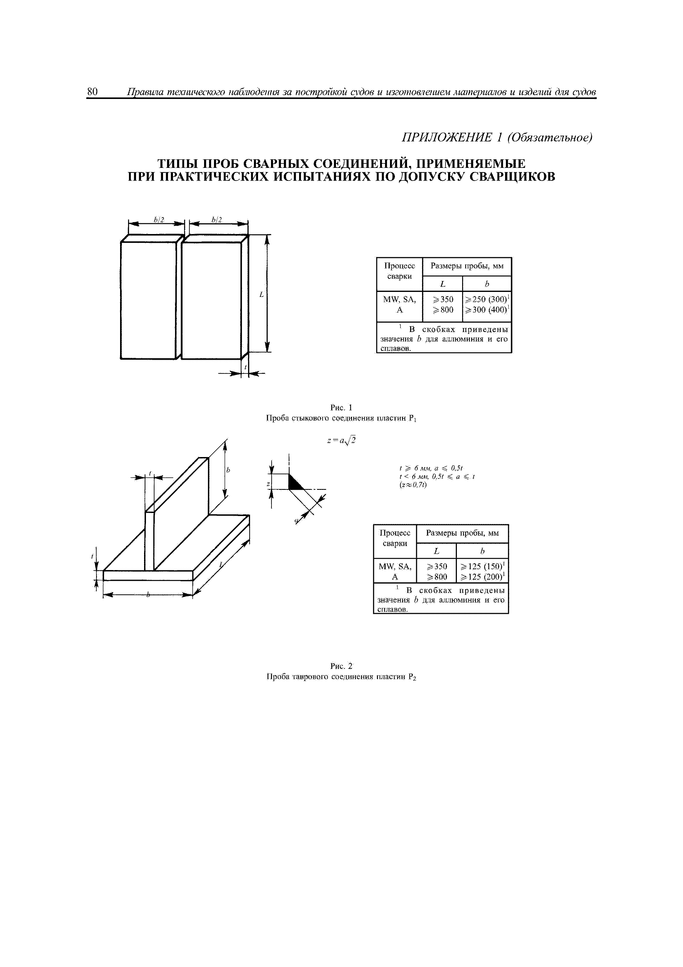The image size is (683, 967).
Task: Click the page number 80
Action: [92, 92]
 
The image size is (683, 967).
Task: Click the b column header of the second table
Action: [482, 551]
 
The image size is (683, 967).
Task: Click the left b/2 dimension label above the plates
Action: [159, 219]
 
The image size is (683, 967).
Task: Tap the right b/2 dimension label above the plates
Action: [217, 219]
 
